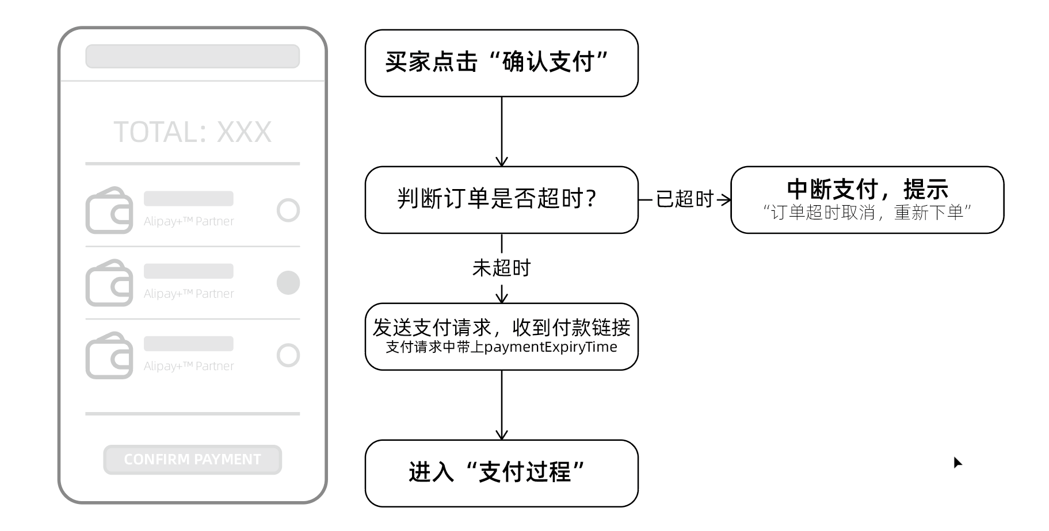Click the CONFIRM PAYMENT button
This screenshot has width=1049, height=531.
192,460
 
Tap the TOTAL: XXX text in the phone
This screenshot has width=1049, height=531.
192,132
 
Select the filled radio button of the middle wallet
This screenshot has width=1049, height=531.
288,283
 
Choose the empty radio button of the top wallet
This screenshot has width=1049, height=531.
288,210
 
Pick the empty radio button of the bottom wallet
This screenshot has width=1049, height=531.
288,355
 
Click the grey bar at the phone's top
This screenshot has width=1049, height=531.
192,56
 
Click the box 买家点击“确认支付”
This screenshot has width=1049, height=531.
501,63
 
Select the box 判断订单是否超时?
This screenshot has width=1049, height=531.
501,199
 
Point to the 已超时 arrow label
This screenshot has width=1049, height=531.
685,199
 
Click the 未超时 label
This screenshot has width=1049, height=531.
501,268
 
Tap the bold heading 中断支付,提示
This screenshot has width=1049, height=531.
867,189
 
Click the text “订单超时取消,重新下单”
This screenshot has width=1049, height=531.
867,213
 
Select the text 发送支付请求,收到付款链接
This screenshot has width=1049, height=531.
501,328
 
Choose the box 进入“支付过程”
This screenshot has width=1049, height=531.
501,473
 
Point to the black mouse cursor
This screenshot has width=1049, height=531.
957,462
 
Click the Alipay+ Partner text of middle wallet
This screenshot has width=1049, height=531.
189,294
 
